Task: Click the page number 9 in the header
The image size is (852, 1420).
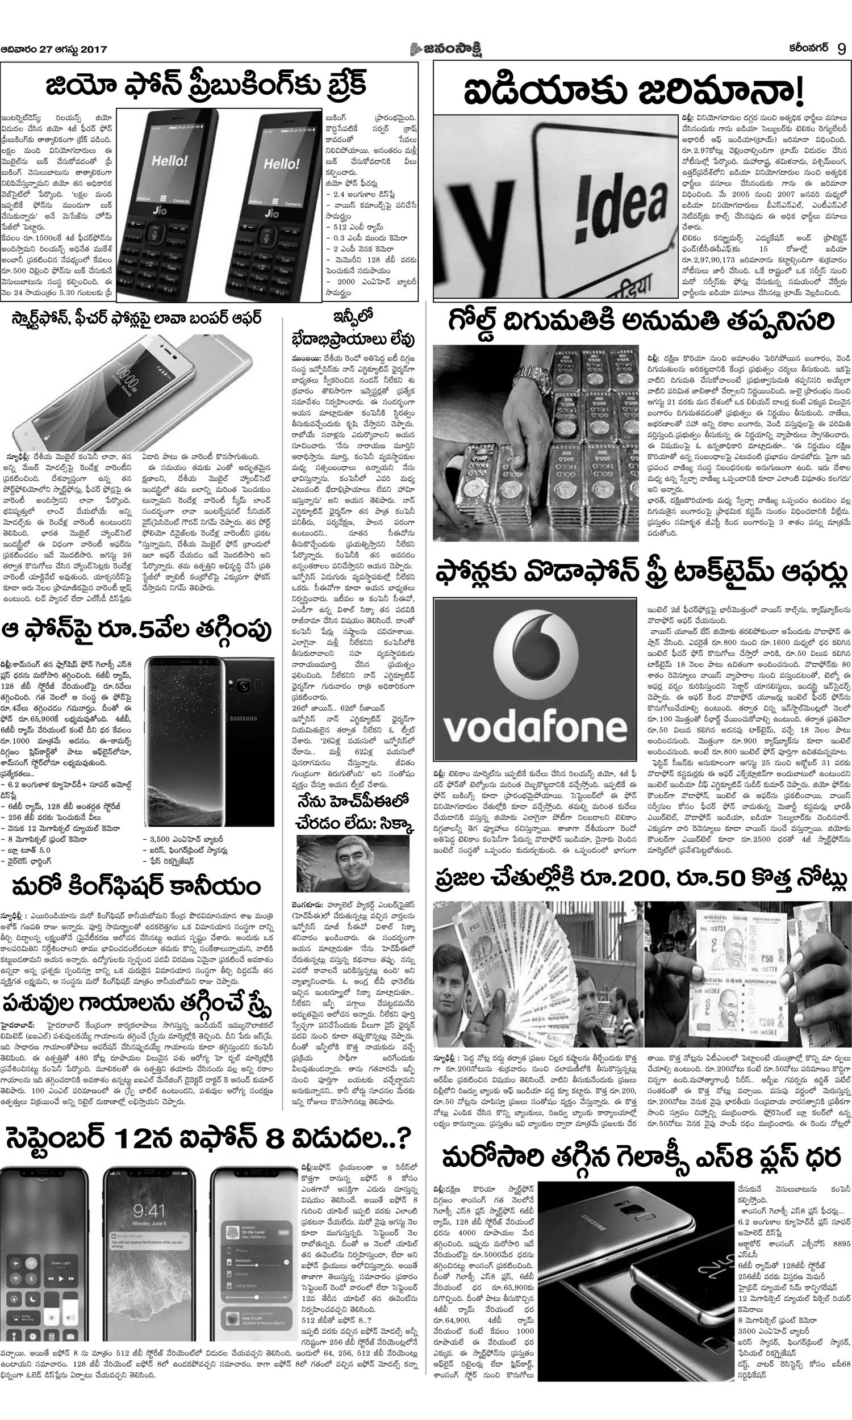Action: coord(841,49)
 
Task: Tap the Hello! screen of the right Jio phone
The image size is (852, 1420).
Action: coord(281,164)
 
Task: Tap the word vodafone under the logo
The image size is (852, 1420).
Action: coord(535,727)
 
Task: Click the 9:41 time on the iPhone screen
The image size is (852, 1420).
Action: coord(149,1211)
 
